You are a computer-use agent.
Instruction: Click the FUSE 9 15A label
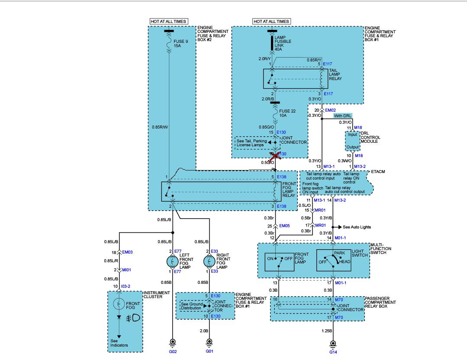point(180,43)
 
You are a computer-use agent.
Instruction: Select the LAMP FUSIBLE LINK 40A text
point(283,43)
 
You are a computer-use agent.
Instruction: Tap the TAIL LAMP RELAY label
point(335,75)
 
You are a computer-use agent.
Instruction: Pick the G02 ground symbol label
point(173,352)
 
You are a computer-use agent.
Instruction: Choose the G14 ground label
point(333,352)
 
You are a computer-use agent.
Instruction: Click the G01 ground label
point(209,351)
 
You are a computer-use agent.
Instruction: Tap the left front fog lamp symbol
point(173,261)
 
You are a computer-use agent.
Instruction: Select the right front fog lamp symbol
point(209,261)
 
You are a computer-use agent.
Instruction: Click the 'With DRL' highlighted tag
point(343,116)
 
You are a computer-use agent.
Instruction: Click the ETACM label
point(378,172)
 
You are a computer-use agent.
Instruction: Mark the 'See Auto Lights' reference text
point(357,227)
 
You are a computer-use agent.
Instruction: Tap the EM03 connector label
point(128,252)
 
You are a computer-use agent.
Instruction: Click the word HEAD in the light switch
point(345,261)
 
